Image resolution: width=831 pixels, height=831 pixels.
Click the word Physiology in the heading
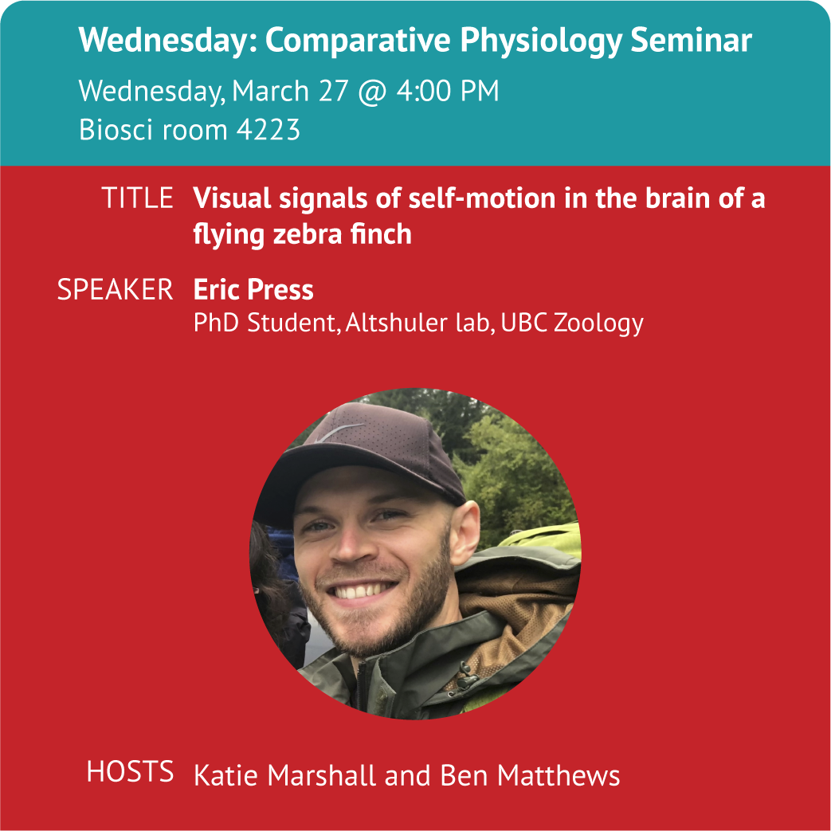click(540, 41)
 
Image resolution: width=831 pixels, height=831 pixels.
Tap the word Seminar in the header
click(691, 40)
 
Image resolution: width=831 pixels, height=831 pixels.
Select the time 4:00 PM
click(448, 91)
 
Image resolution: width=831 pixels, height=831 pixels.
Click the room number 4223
click(269, 129)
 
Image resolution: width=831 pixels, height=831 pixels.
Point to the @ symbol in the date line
click(372, 92)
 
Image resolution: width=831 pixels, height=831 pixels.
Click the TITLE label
click(137, 198)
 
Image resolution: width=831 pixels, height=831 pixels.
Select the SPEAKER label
click(115, 289)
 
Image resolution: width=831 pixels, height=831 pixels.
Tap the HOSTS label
click(131, 771)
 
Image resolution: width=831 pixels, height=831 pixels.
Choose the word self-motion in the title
click(482, 198)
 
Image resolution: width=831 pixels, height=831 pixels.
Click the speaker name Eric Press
click(253, 289)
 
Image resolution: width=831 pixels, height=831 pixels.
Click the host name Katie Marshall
click(285, 775)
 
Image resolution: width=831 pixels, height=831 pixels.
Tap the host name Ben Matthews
click(530, 775)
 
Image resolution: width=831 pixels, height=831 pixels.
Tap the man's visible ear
click(464, 530)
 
